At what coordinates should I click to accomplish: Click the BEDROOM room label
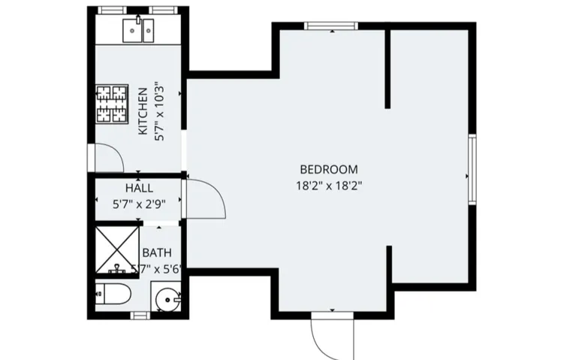329,170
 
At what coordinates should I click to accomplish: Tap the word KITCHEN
143,111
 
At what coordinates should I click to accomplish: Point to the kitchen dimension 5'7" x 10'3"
158,111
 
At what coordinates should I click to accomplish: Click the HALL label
140,189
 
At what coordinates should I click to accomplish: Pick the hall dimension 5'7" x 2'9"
139,202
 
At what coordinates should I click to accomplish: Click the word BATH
157,253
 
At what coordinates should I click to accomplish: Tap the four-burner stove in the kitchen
110,104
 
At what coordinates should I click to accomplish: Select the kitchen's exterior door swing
107,157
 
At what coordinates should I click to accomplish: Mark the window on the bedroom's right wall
472,168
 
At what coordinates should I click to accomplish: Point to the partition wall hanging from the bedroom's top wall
388,68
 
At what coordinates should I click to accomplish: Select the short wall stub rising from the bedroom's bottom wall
391,266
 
